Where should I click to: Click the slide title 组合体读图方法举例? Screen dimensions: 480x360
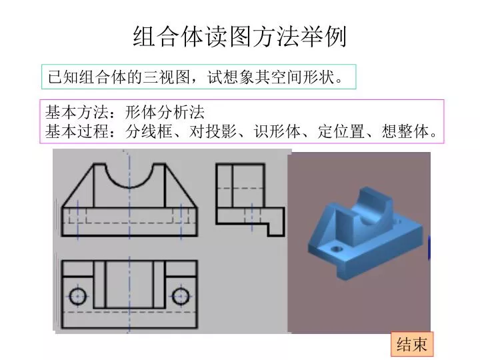240,37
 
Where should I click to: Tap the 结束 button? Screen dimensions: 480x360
412,344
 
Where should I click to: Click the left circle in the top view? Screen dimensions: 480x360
78,296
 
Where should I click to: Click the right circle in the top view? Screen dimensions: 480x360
181,296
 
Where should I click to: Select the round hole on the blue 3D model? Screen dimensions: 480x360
337,249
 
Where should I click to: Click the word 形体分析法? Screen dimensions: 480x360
165,112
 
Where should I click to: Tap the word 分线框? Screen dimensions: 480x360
149,131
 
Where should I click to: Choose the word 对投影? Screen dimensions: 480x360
213,131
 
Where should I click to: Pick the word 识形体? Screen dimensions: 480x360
277,131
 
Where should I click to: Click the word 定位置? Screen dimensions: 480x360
341,131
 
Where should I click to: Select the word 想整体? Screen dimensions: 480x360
405,131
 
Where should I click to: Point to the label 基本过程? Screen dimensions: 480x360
77,131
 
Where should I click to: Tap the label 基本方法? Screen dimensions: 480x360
77,112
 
